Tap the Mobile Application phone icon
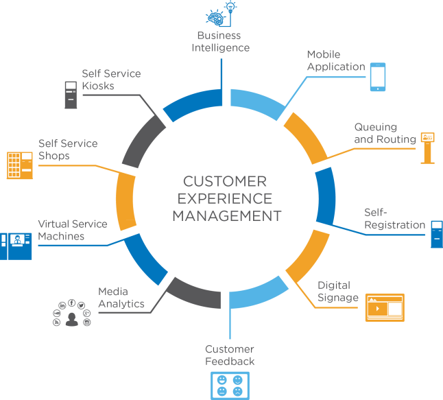tap(378, 77)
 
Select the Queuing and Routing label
tap(385, 134)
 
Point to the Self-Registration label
tap(394, 219)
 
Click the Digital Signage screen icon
tap(385, 307)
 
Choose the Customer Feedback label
tap(230, 355)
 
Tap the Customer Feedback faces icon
tap(229, 385)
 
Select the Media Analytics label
tap(121, 298)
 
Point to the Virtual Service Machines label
tap(72, 230)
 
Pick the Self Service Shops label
tap(68, 150)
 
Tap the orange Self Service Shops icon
tap(20, 165)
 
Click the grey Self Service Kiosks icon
tap(70, 95)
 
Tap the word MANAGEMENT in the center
tap(226, 215)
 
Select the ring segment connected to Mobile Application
tap(257, 102)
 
